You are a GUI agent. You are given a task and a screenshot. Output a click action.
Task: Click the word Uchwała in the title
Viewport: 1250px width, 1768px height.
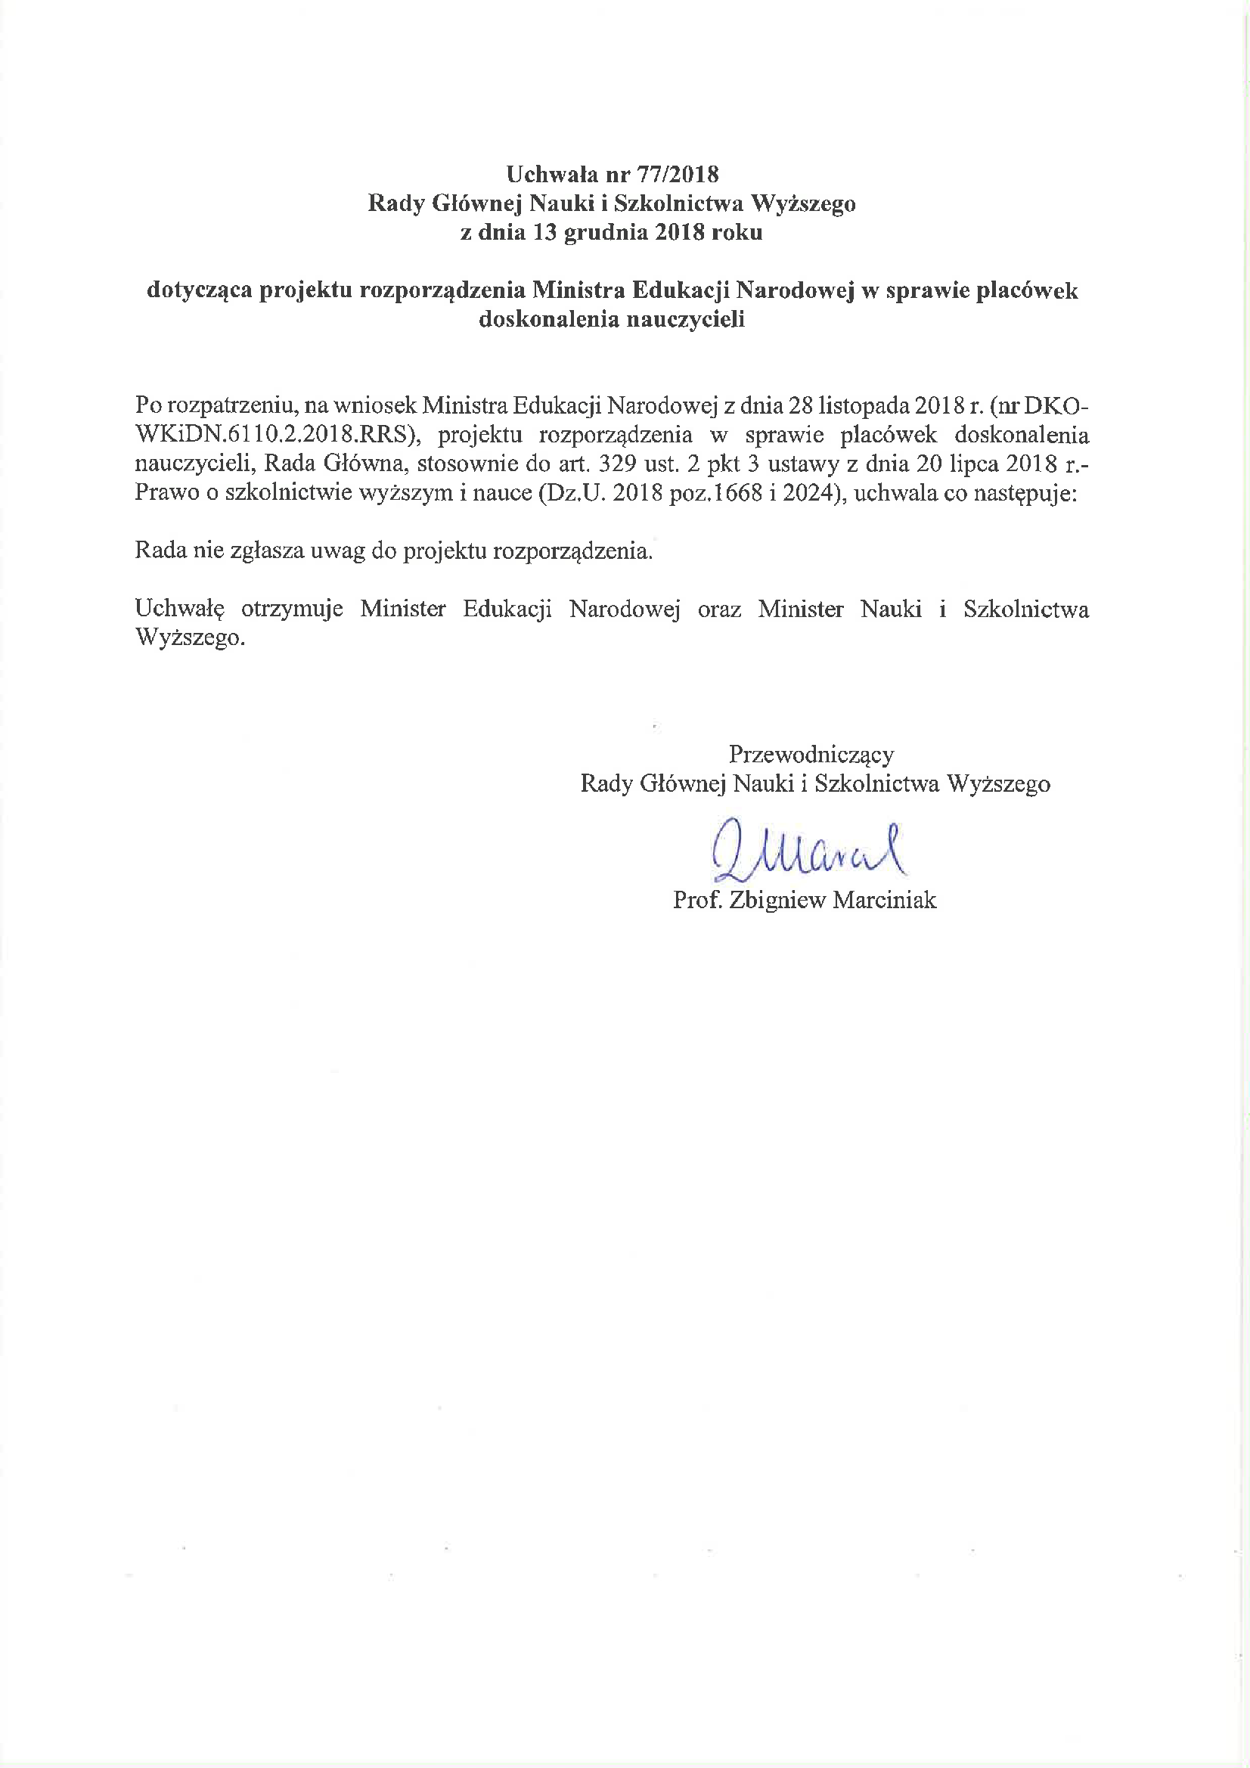coord(551,175)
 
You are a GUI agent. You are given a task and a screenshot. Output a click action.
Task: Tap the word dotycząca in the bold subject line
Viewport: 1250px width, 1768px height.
coord(199,290)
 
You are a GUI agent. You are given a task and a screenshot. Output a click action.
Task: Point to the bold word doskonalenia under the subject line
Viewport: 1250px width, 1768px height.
coord(548,320)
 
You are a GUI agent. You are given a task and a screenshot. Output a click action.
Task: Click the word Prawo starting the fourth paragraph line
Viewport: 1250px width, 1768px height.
coord(166,493)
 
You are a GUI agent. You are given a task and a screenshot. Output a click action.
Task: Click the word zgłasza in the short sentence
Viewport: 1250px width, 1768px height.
coord(268,551)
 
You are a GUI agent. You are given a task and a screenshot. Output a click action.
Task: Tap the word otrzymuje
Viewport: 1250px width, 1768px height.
coord(292,609)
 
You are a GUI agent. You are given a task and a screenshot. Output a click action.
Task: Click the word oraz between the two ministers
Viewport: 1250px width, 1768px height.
coord(719,609)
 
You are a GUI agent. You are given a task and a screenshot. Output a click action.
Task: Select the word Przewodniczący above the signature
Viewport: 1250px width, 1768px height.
coord(811,754)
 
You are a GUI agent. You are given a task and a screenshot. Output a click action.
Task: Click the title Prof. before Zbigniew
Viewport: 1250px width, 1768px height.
coord(697,899)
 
